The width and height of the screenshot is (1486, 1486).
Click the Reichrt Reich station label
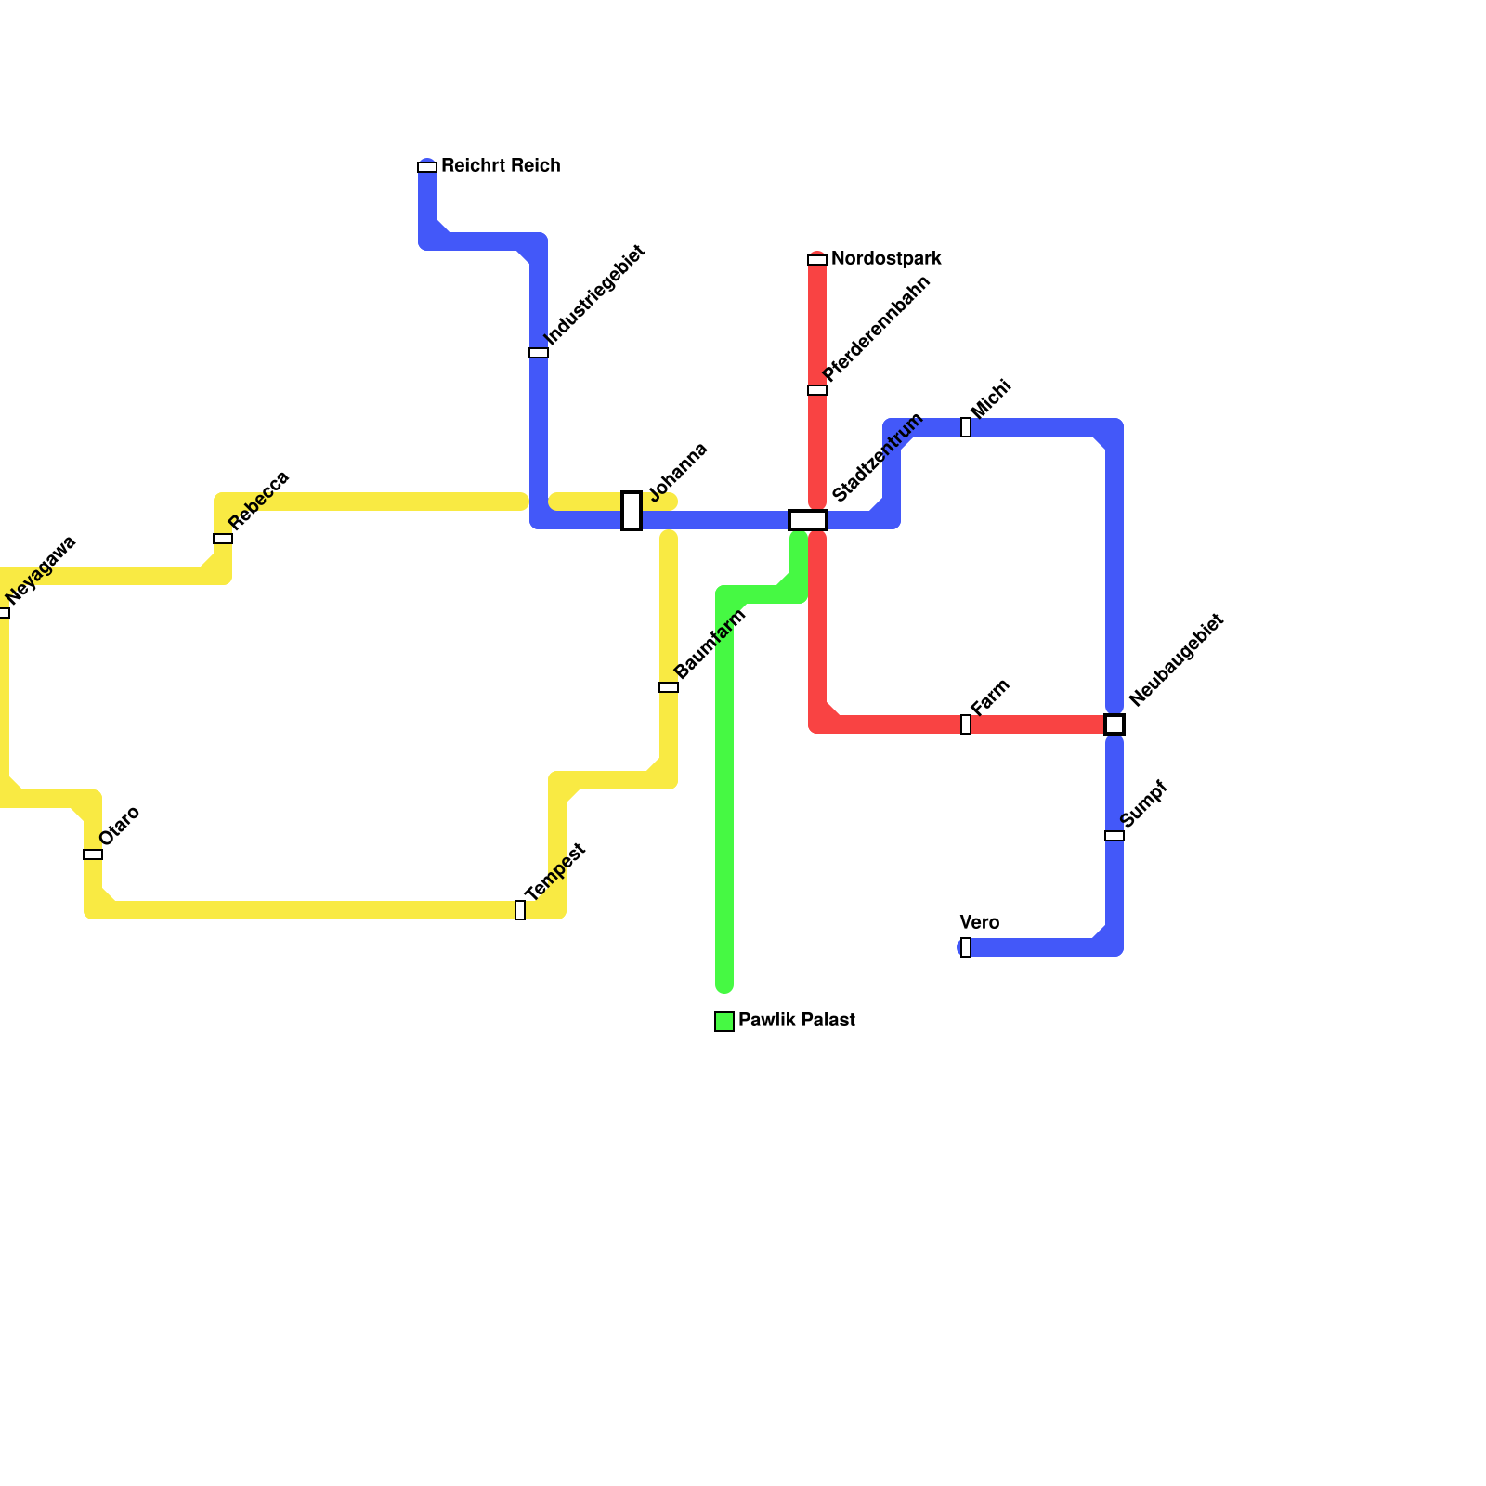pos(500,166)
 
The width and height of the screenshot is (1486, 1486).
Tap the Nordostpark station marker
pos(817,260)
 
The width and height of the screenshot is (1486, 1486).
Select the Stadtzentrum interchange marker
pos(808,520)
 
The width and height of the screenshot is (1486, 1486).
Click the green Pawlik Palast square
pos(724,1022)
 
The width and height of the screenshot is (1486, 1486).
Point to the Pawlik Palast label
pos(796,1021)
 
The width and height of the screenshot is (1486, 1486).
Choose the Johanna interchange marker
pos(632,511)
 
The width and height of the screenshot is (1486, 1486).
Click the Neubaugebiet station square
pos(1114,724)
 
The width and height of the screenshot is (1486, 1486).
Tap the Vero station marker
pos(966,947)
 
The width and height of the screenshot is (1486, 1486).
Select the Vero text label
pos(979,922)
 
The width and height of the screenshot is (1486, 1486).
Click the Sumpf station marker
pos(1114,836)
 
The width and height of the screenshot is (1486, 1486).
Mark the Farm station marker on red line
pos(966,724)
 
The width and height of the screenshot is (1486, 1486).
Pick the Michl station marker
pos(966,427)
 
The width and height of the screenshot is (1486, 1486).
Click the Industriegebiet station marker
pos(539,353)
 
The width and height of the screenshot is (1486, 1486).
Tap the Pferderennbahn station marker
pos(817,390)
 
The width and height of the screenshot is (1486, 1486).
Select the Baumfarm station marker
pos(669,687)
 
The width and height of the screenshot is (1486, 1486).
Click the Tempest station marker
pos(520,910)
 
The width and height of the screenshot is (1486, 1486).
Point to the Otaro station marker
pos(93,854)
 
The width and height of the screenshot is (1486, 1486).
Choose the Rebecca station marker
pos(223,539)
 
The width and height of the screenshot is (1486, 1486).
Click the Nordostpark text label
pos(886,259)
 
